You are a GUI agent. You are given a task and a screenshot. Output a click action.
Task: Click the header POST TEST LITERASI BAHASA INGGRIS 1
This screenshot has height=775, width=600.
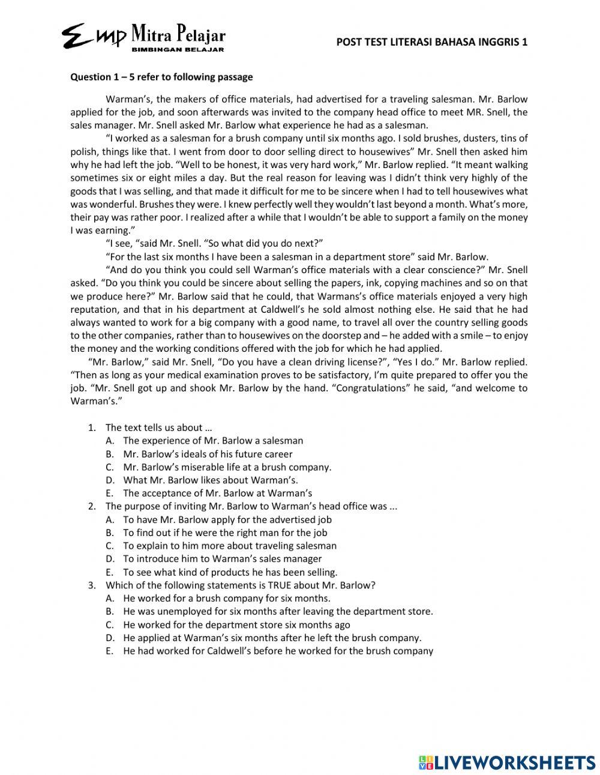pyautogui.click(x=432, y=42)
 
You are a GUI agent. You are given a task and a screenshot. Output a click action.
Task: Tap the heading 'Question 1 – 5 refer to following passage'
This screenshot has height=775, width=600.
pyautogui.click(x=161, y=77)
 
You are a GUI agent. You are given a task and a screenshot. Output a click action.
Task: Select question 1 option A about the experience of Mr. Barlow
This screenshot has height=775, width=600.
pyautogui.click(x=213, y=441)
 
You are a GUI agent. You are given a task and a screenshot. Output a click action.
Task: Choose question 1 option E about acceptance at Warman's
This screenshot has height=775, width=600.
pyautogui.click(x=217, y=493)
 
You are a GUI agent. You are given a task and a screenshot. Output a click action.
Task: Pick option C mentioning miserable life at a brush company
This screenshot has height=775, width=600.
pyautogui.click(x=227, y=467)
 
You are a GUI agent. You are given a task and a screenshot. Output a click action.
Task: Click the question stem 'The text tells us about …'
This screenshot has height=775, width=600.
pyautogui.click(x=159, y=427)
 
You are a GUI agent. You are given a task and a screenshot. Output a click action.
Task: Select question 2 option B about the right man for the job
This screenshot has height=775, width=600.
pyautogui.click(x=225, y=532)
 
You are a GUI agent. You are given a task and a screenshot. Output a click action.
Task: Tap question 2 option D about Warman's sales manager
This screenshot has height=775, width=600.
pyautogui.click(x=222, y=559)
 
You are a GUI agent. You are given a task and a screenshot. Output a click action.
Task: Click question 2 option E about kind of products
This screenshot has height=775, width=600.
pyautogui.click(x=230, y=572)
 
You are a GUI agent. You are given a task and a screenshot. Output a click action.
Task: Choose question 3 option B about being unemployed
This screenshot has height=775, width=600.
pyautogui.click(x=278, y=611)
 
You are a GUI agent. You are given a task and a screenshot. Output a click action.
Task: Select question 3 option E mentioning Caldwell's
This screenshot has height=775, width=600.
pyautogui.click(x=278, y=651)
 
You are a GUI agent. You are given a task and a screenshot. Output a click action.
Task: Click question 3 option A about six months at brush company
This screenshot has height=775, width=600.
pyautogui.click(x=226, y=598)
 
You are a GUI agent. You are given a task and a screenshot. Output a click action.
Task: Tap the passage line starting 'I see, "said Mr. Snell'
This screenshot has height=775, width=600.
pyautogui.click(x=214, y=243)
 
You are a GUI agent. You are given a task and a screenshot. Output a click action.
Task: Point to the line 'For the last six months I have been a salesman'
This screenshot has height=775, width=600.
pyautogui.click(x=297, y=256)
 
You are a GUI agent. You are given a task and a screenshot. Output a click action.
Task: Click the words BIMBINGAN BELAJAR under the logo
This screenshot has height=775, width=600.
pyautogui.click(x=178, y=49)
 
